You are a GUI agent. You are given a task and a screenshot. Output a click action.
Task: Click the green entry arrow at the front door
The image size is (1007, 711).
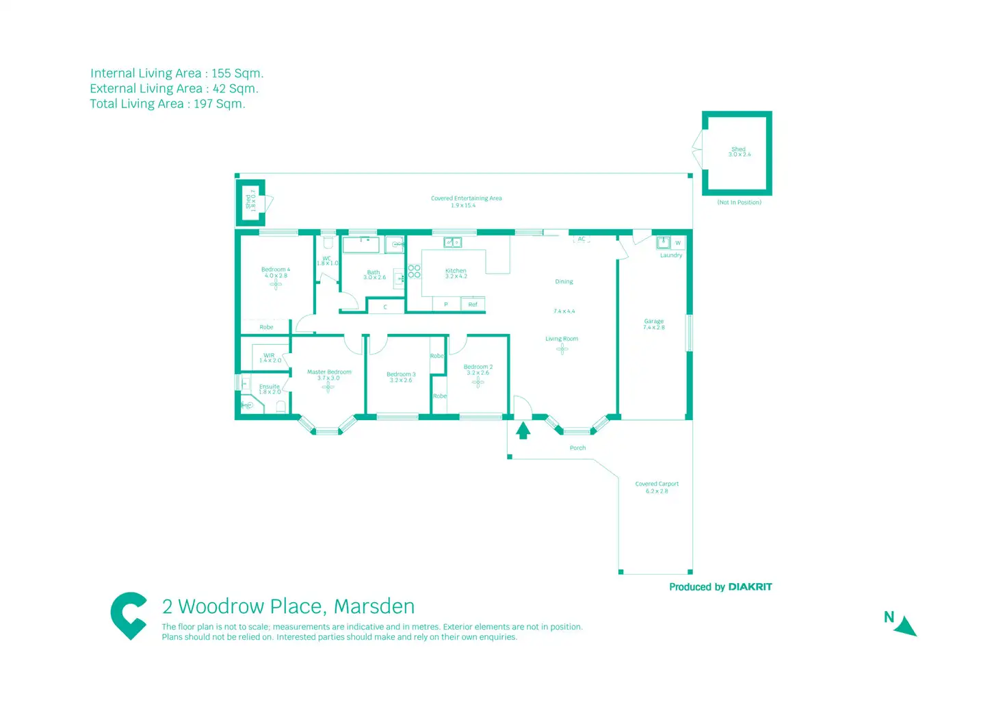(x=523, y=430)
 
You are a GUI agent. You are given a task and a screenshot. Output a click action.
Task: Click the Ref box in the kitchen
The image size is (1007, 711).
(x=473, y=305)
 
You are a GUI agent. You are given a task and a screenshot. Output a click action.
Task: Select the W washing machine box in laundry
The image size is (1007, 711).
(x=678, y=243)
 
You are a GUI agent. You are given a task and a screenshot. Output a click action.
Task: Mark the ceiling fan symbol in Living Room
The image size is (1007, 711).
(x=562, y=349)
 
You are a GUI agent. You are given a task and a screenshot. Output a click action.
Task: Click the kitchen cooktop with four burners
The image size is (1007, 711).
(x=414, y=271)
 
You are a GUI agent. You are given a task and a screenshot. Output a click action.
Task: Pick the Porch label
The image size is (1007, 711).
(x=577, y=448)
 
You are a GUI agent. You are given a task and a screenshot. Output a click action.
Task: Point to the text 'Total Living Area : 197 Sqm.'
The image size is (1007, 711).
(x=168, y=104)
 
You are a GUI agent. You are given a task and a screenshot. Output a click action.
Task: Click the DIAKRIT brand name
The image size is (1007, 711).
(x=750, y=587)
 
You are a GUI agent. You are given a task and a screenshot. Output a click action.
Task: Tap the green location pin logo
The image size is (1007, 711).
(x=129, y=615)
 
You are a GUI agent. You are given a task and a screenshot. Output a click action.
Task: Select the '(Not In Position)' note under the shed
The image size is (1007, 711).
(x=739, y=203)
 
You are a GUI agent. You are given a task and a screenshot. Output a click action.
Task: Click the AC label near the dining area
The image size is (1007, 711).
(x=581, y=239)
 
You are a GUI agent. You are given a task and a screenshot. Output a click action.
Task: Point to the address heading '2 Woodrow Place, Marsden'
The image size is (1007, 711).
(x=288, y=606)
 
